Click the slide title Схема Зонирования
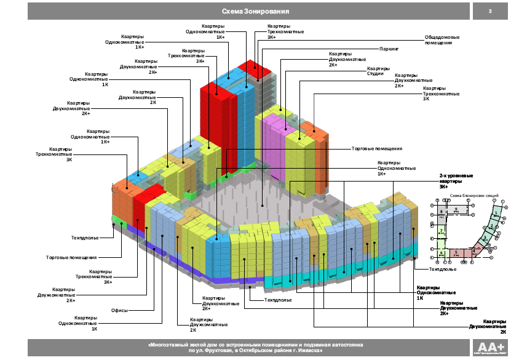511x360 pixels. (255, 12)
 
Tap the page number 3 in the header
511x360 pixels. (489, 12)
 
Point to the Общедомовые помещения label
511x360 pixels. (439, 40)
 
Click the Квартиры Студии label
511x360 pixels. (375, 71)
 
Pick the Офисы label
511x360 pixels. (119, 310)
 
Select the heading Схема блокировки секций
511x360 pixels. (473, 195)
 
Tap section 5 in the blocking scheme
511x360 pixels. (456, 252)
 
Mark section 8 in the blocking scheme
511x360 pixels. (442, 212)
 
